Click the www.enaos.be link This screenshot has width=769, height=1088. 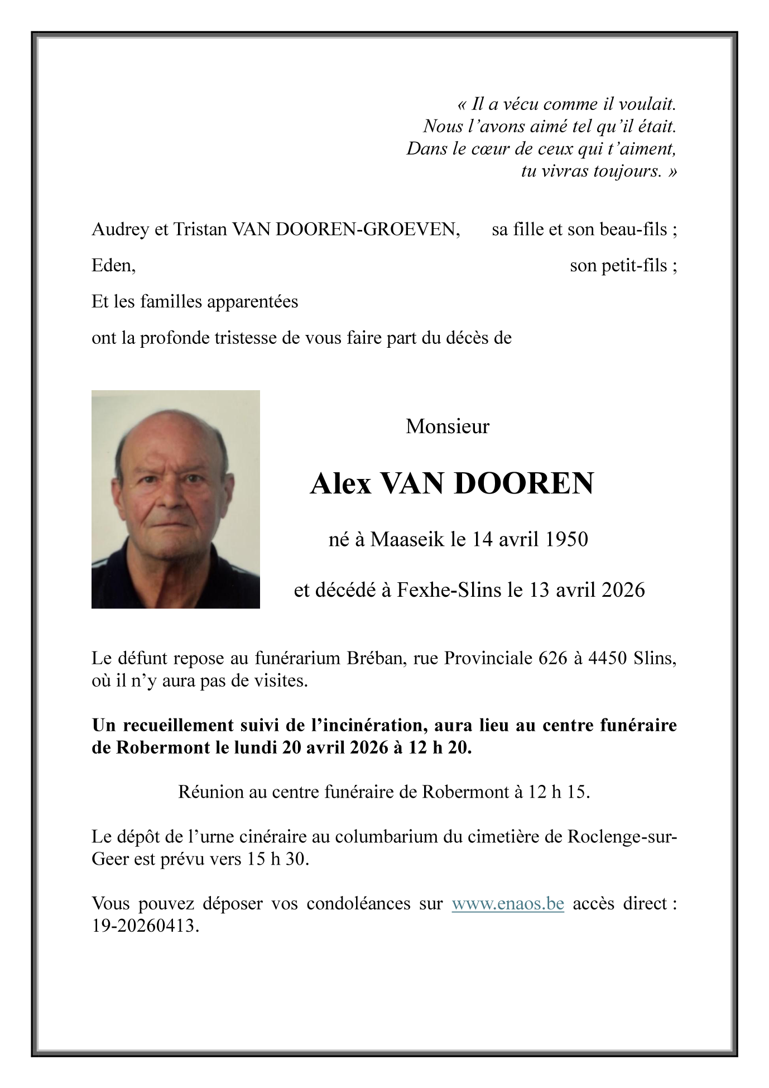[x=507, y=904]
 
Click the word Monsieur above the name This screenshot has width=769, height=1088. [x=448, y=427]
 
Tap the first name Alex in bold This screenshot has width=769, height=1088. [x=340, y=484]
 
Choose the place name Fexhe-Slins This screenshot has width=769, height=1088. [x=449, y=590]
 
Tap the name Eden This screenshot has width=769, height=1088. [x=113, y=266]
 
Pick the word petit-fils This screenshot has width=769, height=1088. [x=635, y=266]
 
